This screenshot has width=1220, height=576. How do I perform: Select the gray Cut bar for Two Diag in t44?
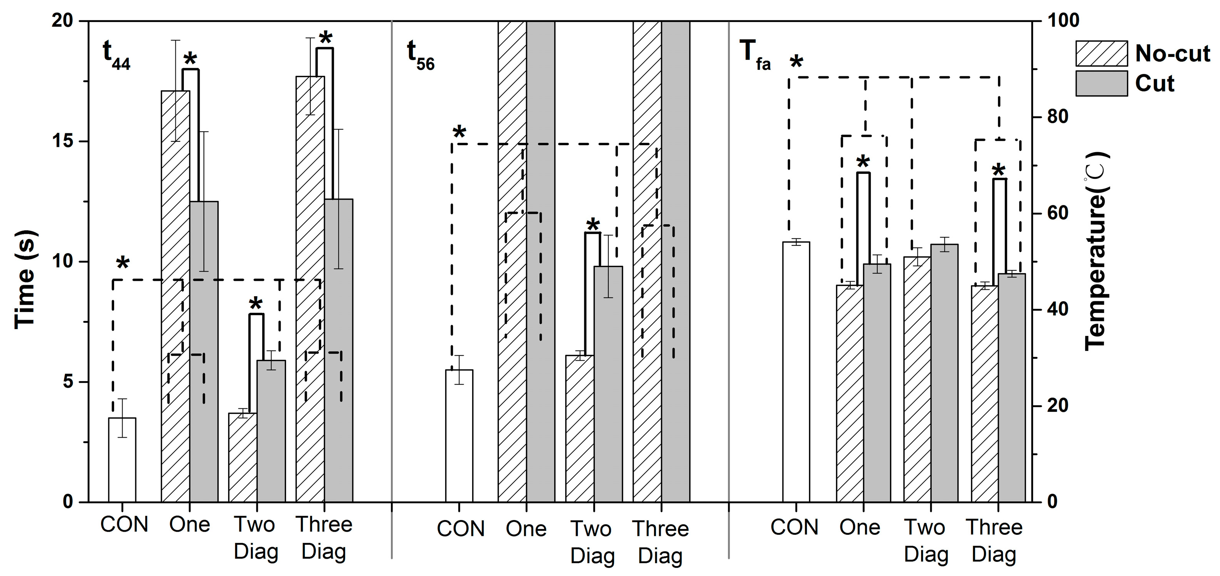pyautogui.click(x=271, y=431)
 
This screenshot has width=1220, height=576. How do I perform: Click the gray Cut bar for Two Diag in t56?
pyautogui.click(x=608, y=383)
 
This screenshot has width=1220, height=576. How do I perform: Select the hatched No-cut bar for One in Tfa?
pyautogui.click(x=850, y=393)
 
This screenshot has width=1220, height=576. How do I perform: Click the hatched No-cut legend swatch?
pyautogui.click(x=1101, y=54)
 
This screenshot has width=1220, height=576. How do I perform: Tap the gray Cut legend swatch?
pyautogui.click(x=1101, y=84)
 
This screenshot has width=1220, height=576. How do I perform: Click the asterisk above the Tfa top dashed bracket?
pyautogui.click(x=796, y=62)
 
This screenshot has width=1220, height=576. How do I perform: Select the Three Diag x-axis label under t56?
pyautogui.click(x=661, y=542)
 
